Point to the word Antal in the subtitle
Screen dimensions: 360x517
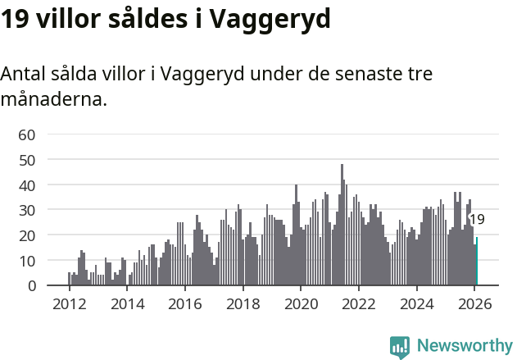[25, 74]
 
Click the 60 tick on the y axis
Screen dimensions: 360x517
[27, 134]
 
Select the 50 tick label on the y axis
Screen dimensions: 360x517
[27, 160]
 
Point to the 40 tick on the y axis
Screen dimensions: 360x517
[27, 185]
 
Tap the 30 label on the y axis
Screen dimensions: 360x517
[27, 210]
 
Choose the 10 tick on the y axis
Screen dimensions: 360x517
[27, 261]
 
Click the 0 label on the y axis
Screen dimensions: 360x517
[31, 286]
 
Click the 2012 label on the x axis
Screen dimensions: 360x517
[70, 303]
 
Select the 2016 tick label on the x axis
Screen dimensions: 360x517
[185, 303]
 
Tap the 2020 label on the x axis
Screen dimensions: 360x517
[301, 303]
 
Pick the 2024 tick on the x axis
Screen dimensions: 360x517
[417, 303]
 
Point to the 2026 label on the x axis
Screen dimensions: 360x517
[474, 303]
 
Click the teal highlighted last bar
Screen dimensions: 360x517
[476, 262]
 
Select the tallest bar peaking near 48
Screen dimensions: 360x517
[342, 226]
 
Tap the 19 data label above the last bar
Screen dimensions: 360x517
[477, 220]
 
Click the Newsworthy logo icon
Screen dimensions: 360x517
[400, 347]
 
